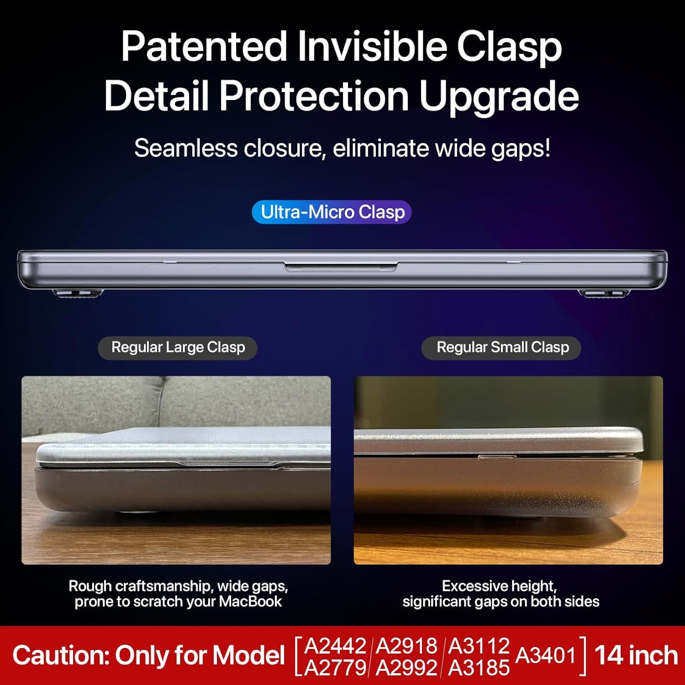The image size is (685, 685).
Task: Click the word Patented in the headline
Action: pyautogui.click(x=204, y=47)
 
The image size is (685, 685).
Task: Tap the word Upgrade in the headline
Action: pyautogui.click(x=499, y=96)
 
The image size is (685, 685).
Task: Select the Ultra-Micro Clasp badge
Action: pyautogui.click(x=332, y=212)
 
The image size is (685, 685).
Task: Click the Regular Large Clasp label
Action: pyautogui.click(x=178, y=348)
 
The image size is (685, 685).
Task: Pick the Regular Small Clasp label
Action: pyautogui.click(x=501, y=348)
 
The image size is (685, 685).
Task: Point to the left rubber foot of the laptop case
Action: pyautogui.click(x=79, y=293)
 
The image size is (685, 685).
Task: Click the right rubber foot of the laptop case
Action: pyautogui.click(x=604, y=293)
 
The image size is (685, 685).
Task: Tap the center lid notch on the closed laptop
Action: pyautogui.click(x=341, y=267)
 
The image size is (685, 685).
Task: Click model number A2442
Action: pyautogui.click(x=336, y=646)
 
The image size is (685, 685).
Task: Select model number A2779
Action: pyautogui.click(x=336, y=668)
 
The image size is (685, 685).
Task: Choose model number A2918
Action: pyautogui.click(x=407, y=646)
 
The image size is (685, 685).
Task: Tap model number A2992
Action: pyautogui.click(x=407, y=668)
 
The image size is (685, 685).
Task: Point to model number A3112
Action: pyautogui.click(x=479, y=646)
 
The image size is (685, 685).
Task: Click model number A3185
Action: pyautogui.click(x=479, y=668)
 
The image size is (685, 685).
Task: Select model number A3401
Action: pyautogui.click(x=546, y=656)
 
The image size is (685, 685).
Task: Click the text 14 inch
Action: pyautogui.click(x=636, y=656)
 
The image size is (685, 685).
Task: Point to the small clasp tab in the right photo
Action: pyautogui.click(x=497, y=457)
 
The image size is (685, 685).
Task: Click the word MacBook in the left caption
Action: pyautogui.click(x=250, y=601)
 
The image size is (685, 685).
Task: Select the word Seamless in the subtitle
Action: pyautogui.click(x=186, y=148)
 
